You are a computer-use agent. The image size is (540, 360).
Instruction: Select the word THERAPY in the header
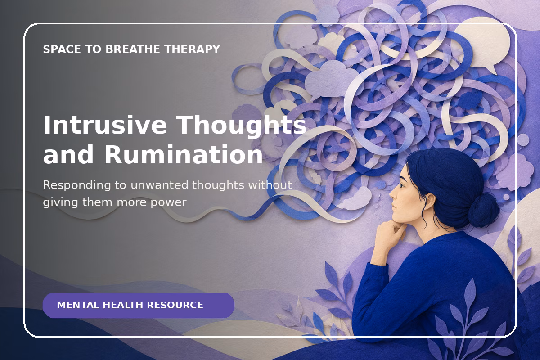point(192,49)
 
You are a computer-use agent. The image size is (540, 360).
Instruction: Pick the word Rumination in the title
point(183,154)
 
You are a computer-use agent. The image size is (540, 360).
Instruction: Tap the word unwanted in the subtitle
point(159,185)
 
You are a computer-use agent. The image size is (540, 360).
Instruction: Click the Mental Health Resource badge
point(139,305)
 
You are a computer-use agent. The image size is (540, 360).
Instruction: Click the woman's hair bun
point(483,210)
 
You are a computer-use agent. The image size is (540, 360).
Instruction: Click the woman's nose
point(392,194)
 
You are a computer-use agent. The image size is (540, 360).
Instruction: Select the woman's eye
point(401,185)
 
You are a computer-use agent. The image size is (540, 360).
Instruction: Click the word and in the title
point(68,154)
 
